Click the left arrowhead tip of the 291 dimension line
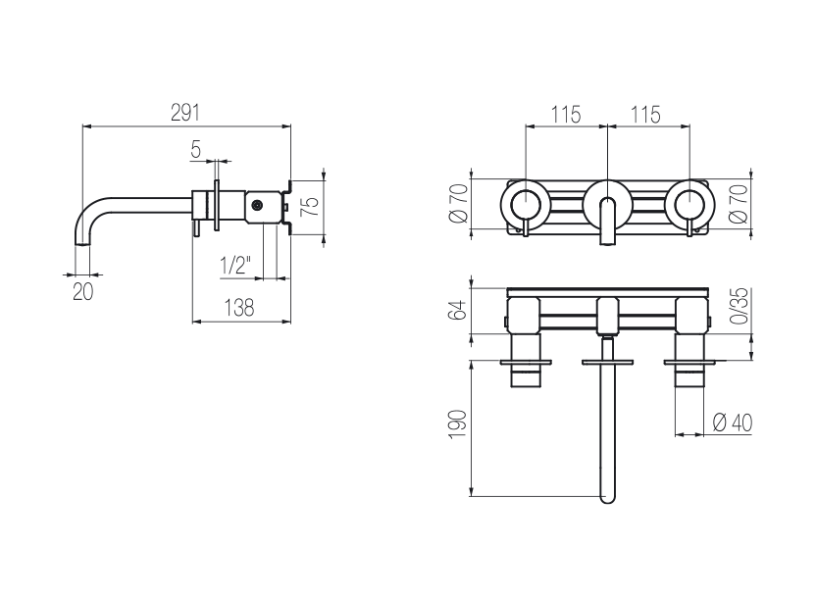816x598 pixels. point(83,125)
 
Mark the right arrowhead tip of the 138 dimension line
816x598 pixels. point(290,322)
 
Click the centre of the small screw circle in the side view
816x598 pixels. point(257,206)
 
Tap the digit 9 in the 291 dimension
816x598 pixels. point(184,113)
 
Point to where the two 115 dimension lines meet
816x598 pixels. point(607,125)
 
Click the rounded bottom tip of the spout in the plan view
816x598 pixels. point(607,503)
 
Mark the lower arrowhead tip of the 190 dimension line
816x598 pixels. point(472,496)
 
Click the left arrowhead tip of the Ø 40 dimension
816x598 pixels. point(675,434)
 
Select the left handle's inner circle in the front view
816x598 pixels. point(525,204)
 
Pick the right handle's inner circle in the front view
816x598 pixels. point(689,204)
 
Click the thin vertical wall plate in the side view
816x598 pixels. point(216,205)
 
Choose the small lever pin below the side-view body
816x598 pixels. point(197,227)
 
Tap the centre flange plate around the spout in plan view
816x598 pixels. point(607,362)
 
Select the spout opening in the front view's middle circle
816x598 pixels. point(607,221)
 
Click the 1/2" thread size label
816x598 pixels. point(235,266)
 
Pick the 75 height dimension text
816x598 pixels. point(311,206)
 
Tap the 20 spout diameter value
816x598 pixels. point(83,292)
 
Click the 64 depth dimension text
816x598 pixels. point(458,310)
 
